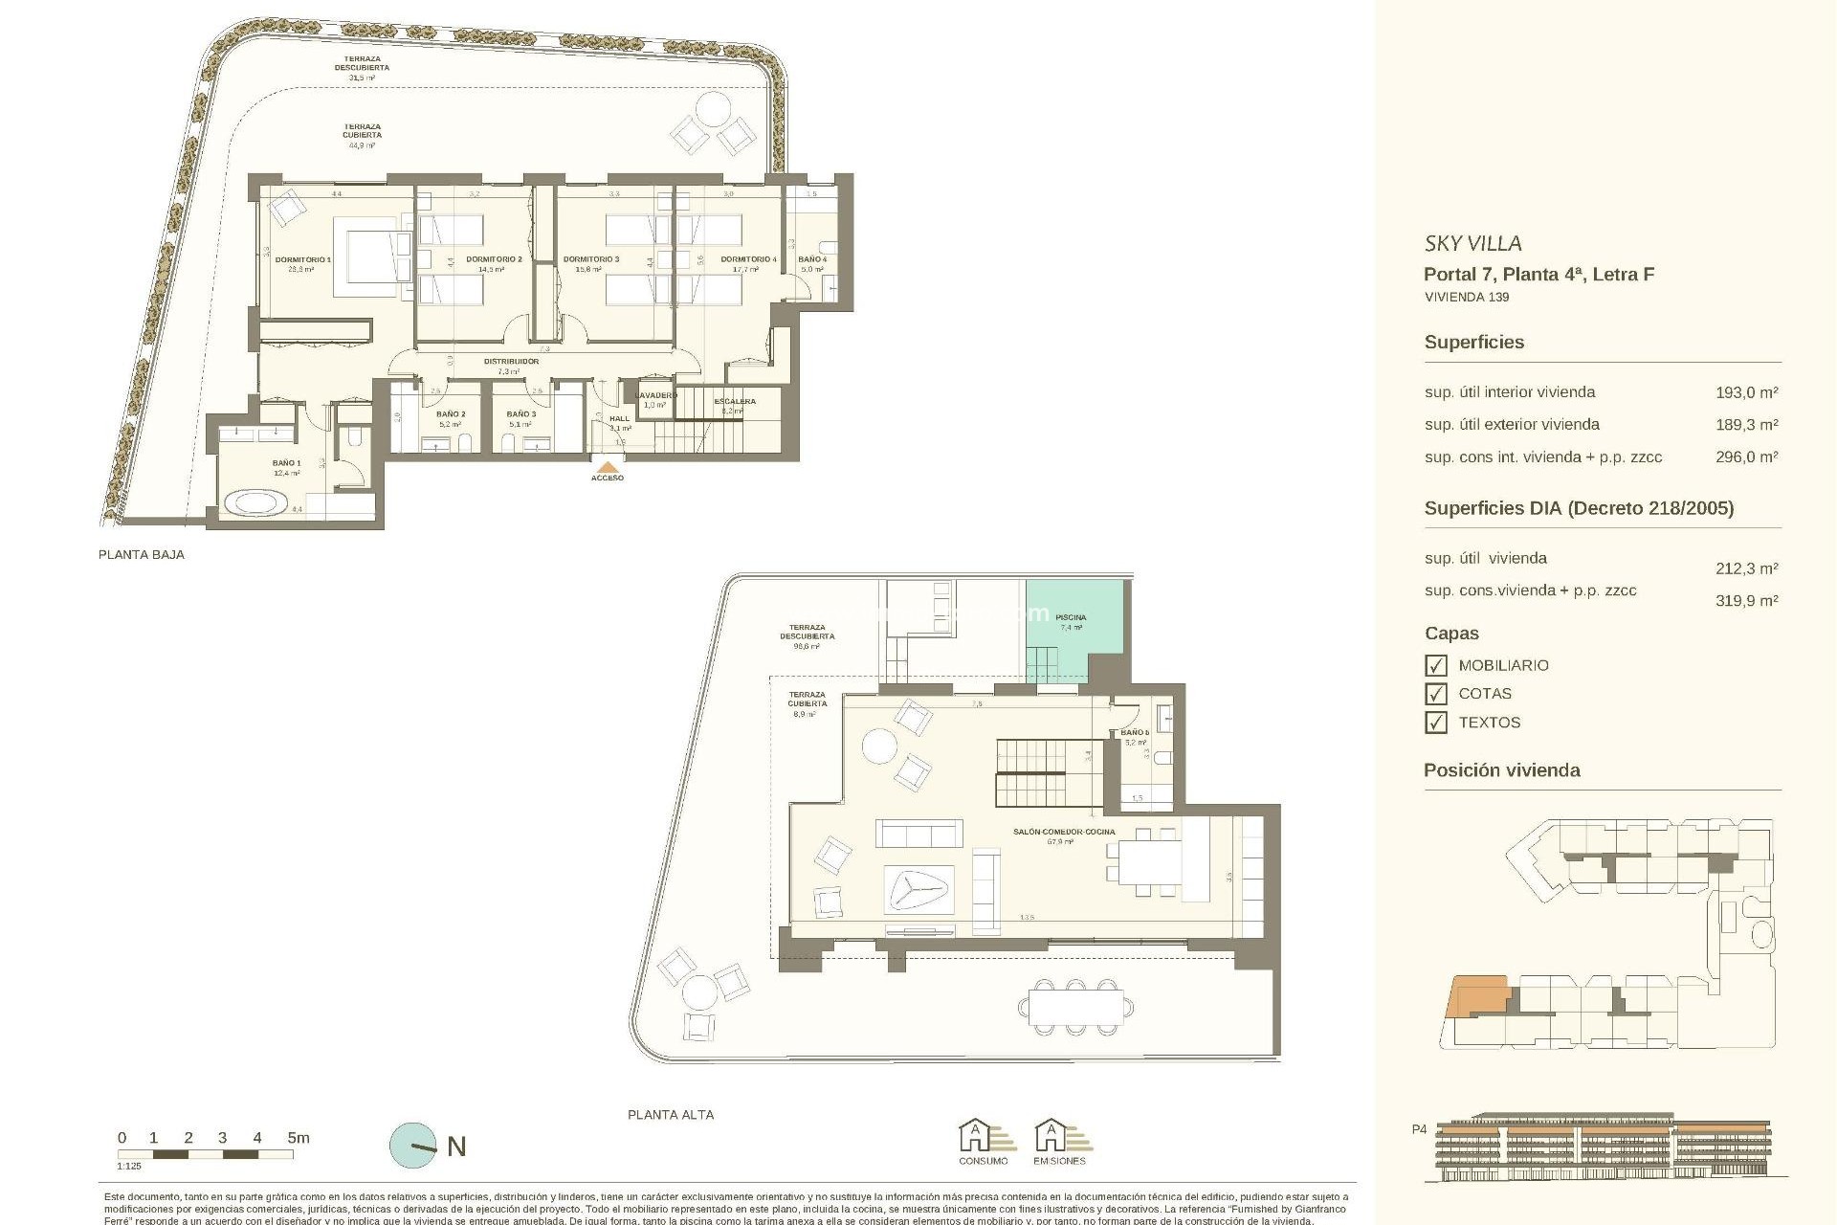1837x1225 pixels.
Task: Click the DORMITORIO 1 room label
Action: (x=302, y=259)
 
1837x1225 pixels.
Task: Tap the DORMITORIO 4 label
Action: (x=748, y=259)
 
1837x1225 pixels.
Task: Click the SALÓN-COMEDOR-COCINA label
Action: (x=1064, y=832)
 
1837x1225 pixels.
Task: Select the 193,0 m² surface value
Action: (x=1746, y=392)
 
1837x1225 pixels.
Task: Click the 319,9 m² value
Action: (x=1746, y=601)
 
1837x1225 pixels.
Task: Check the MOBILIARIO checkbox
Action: (x=1435, y=665)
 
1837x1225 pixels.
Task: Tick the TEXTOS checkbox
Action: (x=1435, y=723)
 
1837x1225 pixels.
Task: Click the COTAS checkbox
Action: (x=1435, y=694)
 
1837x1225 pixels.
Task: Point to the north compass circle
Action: (x=412, y=1145)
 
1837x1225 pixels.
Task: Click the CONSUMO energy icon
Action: (x=983, y=1141)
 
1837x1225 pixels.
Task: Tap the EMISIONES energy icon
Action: (x=1059, y=1141)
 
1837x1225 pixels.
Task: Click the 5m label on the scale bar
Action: (x=299, y=1138)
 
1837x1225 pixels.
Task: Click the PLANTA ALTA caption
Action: (x=670, y=1115)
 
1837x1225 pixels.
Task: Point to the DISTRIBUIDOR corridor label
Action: (x=511, y=362)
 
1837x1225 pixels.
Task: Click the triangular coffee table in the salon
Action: (x=918, y=891)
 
